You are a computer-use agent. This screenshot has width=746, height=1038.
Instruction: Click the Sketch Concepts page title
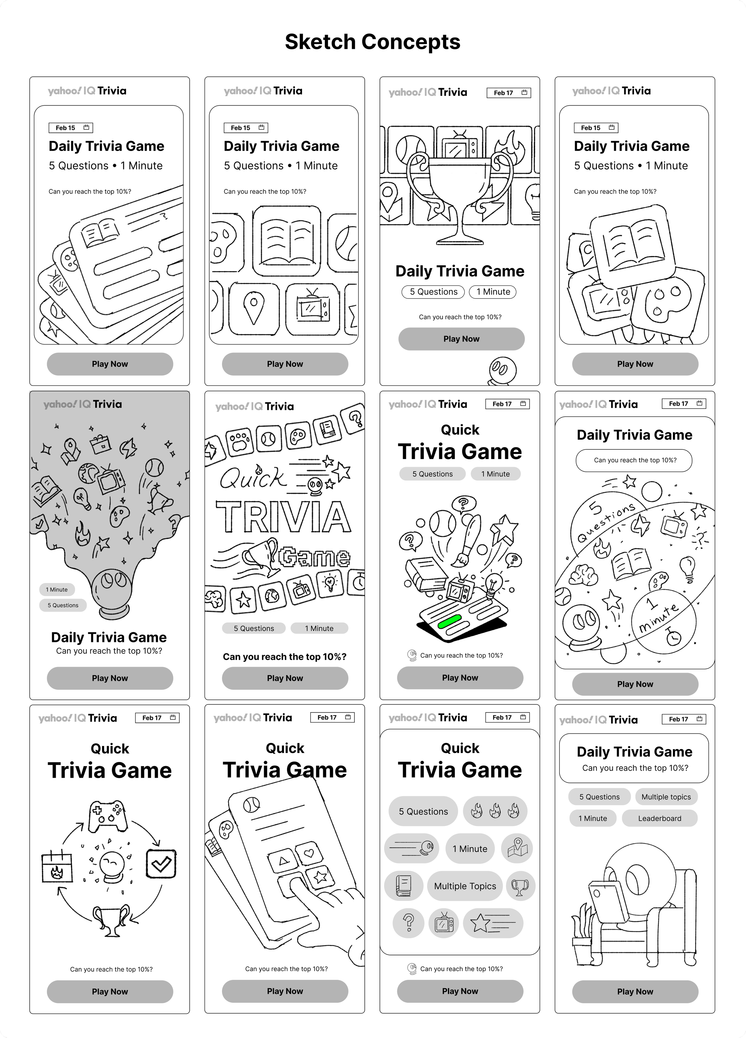pyautogui.click(x=372, y=42)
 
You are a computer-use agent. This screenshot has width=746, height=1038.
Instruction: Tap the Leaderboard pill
pyautogui.click(x=659, y=818)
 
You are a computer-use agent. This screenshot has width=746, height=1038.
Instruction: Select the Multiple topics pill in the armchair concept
pyautogui.click(x=666, y=797)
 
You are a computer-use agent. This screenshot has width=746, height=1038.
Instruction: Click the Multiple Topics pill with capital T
pyautogui.click(x=465, y=886)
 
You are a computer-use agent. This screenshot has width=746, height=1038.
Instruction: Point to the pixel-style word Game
pyautogui.click(x=315, y=557)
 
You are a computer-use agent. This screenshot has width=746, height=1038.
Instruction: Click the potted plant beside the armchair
pyautogui.click(x=582, y=934)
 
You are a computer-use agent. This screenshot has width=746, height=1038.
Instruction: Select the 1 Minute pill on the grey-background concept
pyautogui.click(x=57, y=589)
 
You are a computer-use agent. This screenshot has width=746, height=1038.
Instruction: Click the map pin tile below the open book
pyautogui.click(x=254, y=309)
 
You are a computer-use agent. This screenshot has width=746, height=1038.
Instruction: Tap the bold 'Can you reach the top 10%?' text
pyautogui.click(x=284, y=657)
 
